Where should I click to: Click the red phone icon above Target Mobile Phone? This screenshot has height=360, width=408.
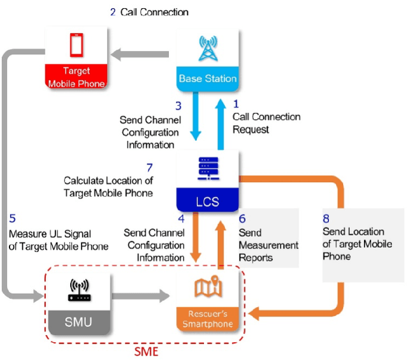click(x=76, y=44)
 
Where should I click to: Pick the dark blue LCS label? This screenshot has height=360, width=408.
click(x=207, y=202)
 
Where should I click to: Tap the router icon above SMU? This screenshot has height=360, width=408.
click(x=79, y=290)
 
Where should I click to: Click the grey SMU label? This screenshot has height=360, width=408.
click(x=79, y=322)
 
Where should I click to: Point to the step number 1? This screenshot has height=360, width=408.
click(x=235, y=103)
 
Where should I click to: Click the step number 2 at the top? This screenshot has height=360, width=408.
click(x=112, y=11)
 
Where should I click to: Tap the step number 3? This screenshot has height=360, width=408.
click(x=178, y=106)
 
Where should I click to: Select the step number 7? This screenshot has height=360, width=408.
click(x=150, y=168)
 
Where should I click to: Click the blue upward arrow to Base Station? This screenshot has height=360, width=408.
click(x=219, y=117)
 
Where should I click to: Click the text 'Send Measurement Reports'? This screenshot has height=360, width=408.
click(x=267, y=245)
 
